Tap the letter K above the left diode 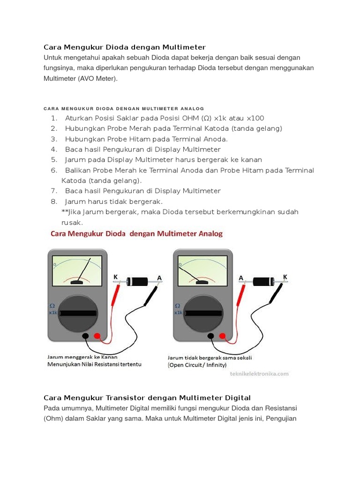(x=116, y=277)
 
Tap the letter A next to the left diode (x=159, y=278)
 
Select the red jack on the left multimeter (x=97, y=336)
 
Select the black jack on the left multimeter (x=85, y=336)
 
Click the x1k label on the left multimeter (x=52, y=313)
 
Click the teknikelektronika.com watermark (x=259, y=374)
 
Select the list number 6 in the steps (x=54, y=170)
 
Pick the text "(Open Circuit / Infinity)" (x=197, y=365)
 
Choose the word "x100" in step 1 (x=255, y=118)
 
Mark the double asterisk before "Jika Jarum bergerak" (x=64, y=212)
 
